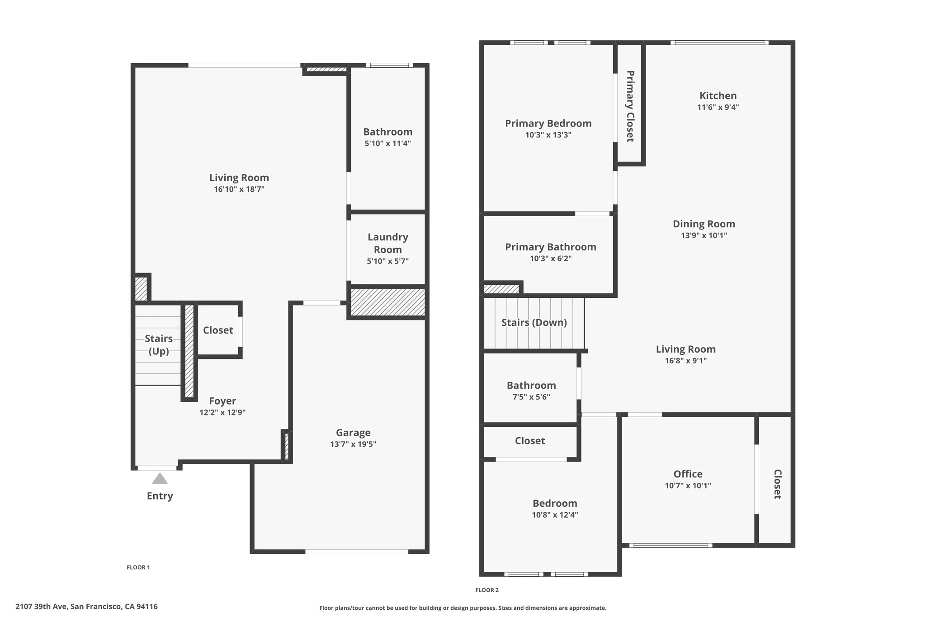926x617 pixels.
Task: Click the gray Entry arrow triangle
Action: [160, 479]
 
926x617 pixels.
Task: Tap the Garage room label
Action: [353, 433]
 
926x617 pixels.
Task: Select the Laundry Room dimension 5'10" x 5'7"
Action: [387, 261]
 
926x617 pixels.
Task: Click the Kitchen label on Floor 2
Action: [718, 96]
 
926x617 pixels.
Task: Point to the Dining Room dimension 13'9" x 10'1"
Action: [704, 235]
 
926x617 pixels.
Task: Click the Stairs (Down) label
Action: [534, 323]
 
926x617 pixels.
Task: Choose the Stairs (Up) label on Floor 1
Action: [159, 345]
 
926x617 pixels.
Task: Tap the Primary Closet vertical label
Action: [630, 106]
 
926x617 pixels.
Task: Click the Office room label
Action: [688, 474]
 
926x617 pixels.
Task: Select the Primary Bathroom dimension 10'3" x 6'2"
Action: [551, 259]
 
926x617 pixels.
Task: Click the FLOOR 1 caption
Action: [138, 567]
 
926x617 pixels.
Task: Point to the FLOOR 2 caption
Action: [487, 590]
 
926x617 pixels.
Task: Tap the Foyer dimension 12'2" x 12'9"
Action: [222, 413]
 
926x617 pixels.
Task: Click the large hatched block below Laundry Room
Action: [388, 302]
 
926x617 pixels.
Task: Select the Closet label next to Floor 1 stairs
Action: [218, 330]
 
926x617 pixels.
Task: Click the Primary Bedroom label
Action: [548, 123]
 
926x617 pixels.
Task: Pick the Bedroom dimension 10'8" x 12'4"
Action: [555, 515]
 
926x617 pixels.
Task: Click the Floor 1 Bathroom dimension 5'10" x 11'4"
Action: [387, 144]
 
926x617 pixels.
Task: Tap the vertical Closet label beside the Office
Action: [777, 484]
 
